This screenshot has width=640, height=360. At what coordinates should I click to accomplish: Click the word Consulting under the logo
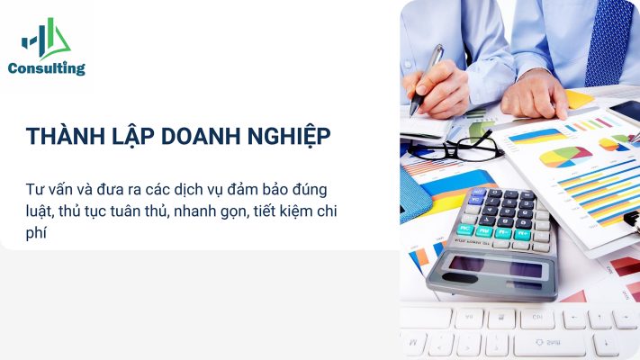[47, 68]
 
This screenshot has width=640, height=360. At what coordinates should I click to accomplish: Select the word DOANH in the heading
[201, 136]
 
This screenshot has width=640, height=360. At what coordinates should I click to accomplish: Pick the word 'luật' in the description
[40, 211]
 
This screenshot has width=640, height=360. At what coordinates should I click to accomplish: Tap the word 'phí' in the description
[36, 233]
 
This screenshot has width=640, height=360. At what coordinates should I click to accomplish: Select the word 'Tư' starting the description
[33, 189]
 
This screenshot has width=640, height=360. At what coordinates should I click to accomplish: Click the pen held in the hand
[427, 79]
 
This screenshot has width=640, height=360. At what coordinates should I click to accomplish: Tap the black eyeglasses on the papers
[456, 148]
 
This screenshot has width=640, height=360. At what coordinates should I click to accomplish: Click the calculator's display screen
[495, 268]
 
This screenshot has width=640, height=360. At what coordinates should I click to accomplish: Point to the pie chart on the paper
[565, 157]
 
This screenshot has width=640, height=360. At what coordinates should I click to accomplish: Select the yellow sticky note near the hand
[579, 99]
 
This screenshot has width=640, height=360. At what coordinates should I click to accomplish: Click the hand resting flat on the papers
[535, 95]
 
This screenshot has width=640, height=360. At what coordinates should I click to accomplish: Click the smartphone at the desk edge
[625, 111]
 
